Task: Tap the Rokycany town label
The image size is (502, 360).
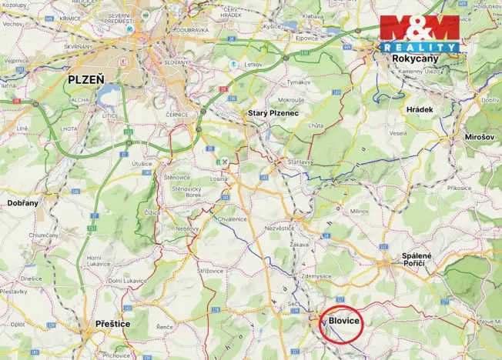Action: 416,58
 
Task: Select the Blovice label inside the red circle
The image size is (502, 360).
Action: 344,321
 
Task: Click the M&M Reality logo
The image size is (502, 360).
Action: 419,33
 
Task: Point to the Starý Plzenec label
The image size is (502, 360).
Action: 278,113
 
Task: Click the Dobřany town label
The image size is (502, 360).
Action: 22,202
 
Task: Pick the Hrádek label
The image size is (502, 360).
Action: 420,109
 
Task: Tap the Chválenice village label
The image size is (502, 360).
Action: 232,218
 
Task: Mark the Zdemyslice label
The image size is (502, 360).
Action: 316,276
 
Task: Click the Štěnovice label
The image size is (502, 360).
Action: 177,177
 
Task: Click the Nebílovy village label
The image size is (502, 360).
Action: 188,228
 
